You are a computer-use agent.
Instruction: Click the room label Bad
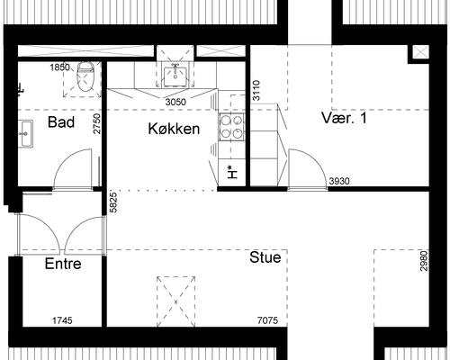(61, 122)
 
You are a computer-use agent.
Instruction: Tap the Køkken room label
(174, 129)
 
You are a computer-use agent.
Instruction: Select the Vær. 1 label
(344, 118)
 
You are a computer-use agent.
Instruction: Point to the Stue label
(265, 257)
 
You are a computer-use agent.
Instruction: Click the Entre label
(63, 264)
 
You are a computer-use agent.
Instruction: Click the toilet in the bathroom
(85, 76)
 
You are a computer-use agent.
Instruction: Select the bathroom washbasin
(25, 134)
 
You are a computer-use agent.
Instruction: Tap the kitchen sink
(175, 76)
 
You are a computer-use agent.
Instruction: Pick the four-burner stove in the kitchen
(231, 127)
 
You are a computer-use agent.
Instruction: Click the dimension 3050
(175, 102)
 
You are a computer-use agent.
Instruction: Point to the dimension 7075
(268, 320)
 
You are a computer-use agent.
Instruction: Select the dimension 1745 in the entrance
(62, 320)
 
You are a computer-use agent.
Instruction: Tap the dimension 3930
(339, 181)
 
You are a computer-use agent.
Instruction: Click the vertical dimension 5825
(113, 202)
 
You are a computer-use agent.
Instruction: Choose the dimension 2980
(424, 261)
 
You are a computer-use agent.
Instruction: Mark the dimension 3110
(256, 90)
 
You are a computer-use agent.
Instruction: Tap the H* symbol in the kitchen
(232, 173)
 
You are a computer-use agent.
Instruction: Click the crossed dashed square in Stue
(175, 301)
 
